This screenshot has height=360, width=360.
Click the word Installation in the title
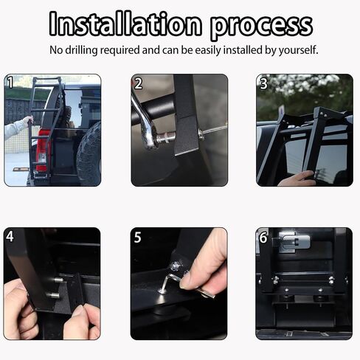tap(125, 24)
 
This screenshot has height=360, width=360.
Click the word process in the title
tap(262, 26)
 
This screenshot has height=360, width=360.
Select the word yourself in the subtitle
tap(298, 50)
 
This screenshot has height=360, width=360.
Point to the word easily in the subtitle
tap(208, 50)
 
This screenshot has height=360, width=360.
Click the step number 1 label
tap(10, 82)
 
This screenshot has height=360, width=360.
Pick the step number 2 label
tap(138, 83)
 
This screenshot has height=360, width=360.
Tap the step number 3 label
tap(263, 83)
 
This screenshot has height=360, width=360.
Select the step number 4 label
tap(10, 236)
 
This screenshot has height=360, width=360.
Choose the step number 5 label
tap(138, 238)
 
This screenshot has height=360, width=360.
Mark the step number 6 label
tap(263, 238)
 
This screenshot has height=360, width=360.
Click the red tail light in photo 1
tap(42, 150)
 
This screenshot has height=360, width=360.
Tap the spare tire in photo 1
tap(89, 153)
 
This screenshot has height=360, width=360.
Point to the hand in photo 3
tap(297, 179)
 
